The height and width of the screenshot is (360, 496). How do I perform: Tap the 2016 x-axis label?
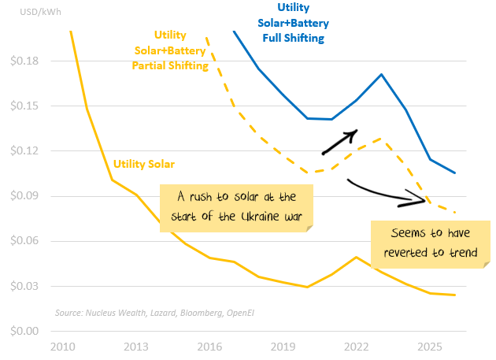[x=210, y=347]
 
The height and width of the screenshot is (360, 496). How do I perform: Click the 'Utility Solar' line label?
[x=143, y=164]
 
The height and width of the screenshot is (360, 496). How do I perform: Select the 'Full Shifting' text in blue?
[x=293, y=37]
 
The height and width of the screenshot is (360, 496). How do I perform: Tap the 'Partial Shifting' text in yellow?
[x=169, y=66]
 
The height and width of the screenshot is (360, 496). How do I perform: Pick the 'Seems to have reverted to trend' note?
[x=430, y=244]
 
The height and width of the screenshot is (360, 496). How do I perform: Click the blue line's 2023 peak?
[x=381, y=75]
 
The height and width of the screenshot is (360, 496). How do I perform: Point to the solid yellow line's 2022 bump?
[x=357, y=257]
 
